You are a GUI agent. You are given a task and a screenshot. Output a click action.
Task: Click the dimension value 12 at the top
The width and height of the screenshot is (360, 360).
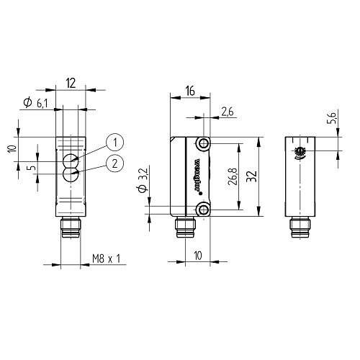pos(70,84)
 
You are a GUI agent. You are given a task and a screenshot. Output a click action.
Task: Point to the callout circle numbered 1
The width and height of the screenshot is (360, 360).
pos(113,141)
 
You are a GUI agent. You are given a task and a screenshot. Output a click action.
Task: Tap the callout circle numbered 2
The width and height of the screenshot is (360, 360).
pos(113,163)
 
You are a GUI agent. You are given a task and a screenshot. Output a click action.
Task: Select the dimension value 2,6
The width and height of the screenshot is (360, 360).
pos(227,111)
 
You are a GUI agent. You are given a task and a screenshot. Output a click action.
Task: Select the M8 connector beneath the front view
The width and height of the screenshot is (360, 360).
pos(70,228)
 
